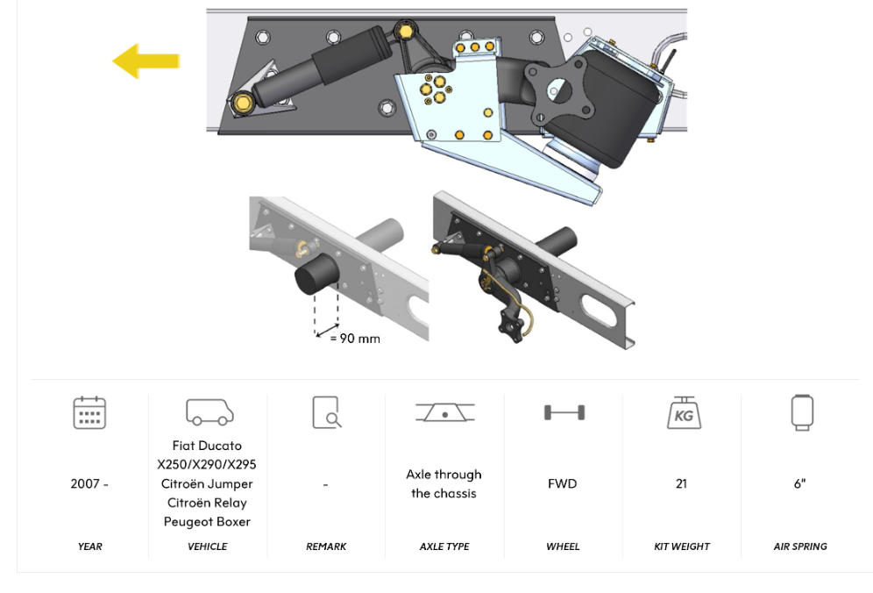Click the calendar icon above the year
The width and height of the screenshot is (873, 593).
point(89,412)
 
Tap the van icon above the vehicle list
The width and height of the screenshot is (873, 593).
point(209,412)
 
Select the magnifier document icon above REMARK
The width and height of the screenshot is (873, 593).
point(326,412)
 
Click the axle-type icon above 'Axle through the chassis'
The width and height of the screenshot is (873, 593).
point(445,412)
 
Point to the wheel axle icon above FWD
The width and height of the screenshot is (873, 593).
point(564,412)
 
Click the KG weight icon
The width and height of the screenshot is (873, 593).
point(683,412)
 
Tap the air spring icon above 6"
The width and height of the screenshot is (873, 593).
point(801,412)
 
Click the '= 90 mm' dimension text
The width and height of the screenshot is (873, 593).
point(355,339)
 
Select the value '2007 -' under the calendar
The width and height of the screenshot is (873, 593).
point(89,484)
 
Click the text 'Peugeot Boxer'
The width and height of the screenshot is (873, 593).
point(208,522)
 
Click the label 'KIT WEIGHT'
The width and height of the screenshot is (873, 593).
point(682,547)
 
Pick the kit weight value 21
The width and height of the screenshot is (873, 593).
point(681,484)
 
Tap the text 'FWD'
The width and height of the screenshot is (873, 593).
point(563,484)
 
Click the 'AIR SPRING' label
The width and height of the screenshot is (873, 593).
point(800,547)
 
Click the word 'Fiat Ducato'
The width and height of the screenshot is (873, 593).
point(208,446)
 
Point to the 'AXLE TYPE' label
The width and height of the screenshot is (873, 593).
point(444,547)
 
